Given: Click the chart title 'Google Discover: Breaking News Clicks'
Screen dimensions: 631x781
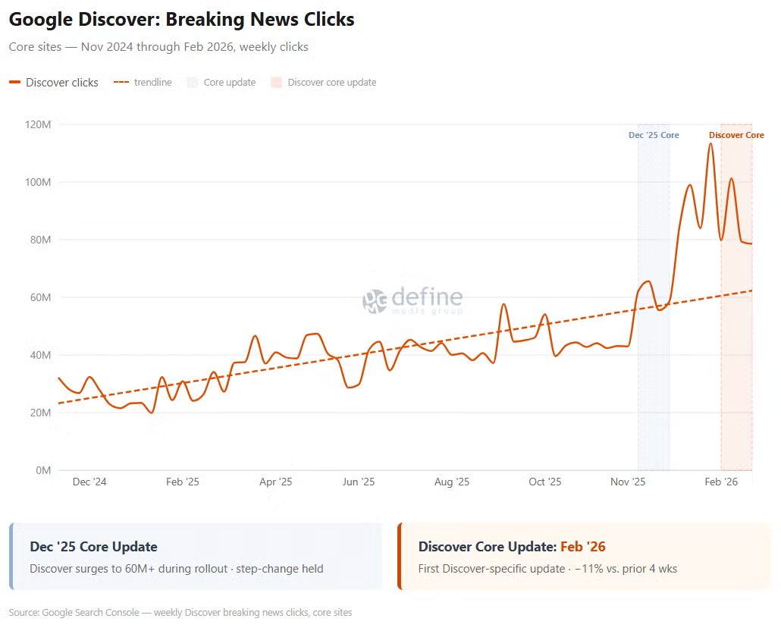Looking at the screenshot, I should (x=181, y=20).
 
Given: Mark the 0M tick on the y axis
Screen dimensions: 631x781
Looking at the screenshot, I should (x=42, y=470).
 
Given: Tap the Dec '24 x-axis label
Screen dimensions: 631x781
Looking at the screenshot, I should (x=89, y=482).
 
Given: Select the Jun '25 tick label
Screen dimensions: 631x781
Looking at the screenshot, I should (x=359, y=482).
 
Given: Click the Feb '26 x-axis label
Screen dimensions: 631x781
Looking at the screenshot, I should (x=721, y=482).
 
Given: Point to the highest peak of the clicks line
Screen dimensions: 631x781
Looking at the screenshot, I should (x=710, y=143).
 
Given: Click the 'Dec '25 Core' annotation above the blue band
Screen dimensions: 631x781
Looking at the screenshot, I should (x=654, y=135).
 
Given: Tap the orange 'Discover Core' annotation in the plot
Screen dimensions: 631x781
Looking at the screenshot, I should (x=736, y=135).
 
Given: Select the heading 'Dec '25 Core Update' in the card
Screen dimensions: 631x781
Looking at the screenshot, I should (x=93, y=547).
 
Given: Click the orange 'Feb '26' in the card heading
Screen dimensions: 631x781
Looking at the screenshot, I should (x=582, y=547).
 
